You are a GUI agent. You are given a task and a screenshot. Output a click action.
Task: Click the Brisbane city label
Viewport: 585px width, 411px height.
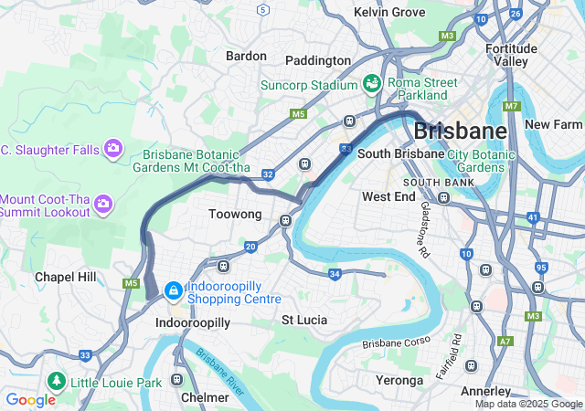pos(460,130)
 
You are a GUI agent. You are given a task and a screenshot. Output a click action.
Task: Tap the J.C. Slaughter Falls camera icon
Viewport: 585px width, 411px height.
pos(113,147)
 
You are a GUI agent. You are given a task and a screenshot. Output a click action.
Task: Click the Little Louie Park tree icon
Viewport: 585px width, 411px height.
pos(57,379)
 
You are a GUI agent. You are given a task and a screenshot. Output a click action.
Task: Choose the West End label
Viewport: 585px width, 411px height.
pos(388,196)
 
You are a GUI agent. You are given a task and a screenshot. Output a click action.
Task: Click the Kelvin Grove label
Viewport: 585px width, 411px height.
pos(389,12)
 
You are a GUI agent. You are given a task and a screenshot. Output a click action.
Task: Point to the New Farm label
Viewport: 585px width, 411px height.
pos(553,124)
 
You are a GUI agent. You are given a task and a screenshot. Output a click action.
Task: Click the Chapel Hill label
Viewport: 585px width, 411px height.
pos(65,277)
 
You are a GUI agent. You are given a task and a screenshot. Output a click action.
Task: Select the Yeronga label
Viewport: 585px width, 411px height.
pos(399,380)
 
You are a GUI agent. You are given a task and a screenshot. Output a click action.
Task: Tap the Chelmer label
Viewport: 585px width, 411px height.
pos(206,397)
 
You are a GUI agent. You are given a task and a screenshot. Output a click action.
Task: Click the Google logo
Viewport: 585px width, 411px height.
pos(30,399)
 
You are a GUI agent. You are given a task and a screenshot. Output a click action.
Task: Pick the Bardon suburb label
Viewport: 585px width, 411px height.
pos(246,56)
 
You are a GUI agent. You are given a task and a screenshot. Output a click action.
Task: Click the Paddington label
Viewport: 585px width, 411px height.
pos(317,60)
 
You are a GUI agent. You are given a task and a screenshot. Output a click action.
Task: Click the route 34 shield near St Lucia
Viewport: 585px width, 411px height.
pos(335,274)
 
